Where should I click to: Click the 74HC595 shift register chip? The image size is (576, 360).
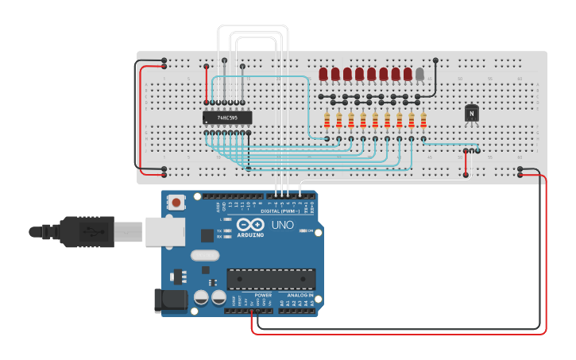[x=228, y=118]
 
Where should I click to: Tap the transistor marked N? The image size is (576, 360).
[x=472, y=114]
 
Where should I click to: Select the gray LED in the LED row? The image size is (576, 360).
[x=419, y=74]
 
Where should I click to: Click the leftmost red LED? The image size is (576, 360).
[x=323, y=74]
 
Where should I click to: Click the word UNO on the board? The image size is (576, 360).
[x=283, y=225]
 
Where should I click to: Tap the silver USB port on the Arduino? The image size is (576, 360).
[x=165, y=231]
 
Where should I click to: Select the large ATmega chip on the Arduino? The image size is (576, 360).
[x=271, y=279]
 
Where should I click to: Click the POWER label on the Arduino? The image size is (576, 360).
[x=263, y=295]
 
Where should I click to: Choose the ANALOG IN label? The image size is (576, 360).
[x=300, y=295]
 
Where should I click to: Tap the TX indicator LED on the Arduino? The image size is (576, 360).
[x=228, y=230]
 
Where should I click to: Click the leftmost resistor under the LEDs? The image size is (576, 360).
[x=327, y=120]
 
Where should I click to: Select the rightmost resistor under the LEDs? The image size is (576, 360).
[x=423, y=120]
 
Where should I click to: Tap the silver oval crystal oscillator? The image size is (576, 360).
[x=204, y=256]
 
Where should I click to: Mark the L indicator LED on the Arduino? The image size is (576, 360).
[x=228, y=219]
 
